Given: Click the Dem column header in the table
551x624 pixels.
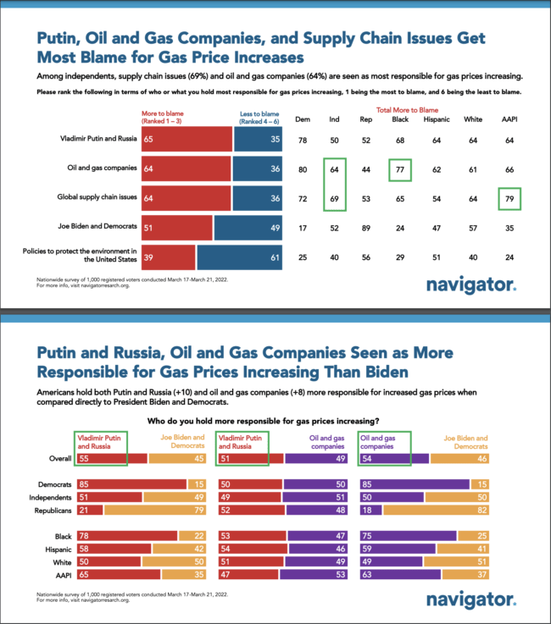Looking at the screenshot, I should click(x=302, y=119).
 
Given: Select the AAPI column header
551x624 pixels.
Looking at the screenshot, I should click(x=509, y=119).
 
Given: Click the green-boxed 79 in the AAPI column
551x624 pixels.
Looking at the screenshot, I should click(x=509, y=199).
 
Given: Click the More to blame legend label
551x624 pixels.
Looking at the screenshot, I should click(x=166, y=115).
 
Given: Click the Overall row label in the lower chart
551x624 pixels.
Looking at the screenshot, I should click(x=48, y=457).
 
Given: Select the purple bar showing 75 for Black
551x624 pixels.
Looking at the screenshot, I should click(x=407, y=535).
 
